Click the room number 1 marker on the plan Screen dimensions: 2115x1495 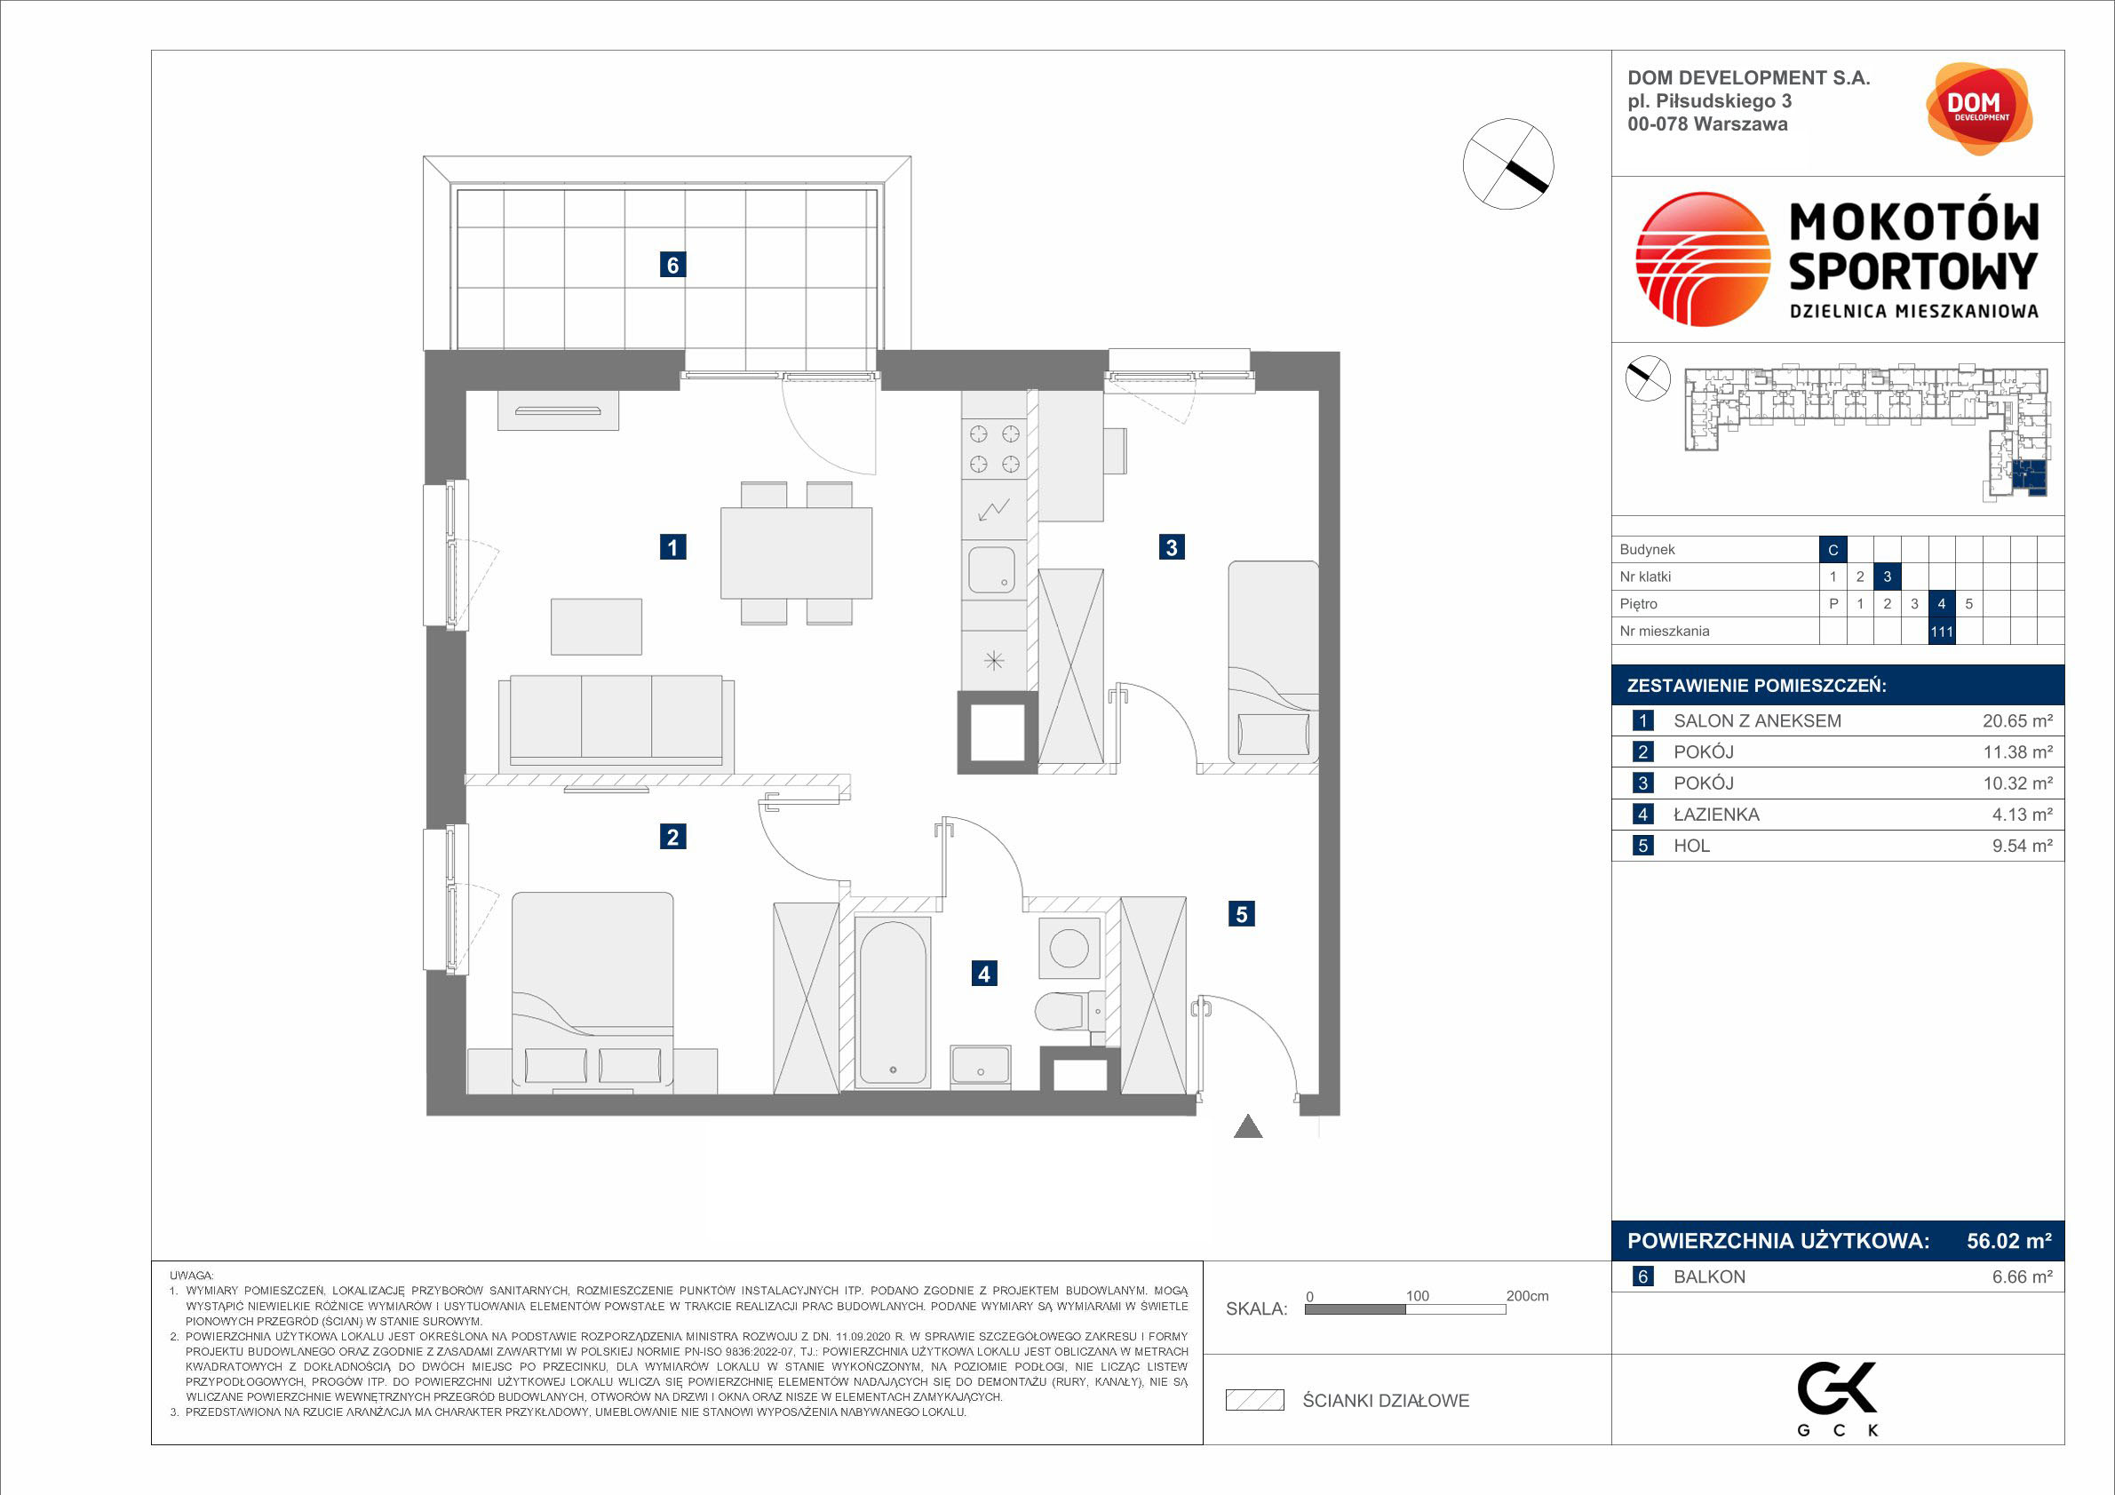point(672,547)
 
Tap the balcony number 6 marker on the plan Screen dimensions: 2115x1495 point(672,266)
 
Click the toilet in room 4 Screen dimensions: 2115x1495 point(1069,1013)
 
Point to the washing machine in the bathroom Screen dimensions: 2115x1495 point(1069,948)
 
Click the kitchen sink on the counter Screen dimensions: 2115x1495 point(992,569)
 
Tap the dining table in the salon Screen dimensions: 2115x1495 point(796,553)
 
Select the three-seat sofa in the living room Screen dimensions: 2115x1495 point(616,724)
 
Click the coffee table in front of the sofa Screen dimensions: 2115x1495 point(596,626)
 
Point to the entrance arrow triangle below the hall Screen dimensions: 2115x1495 point(1248,1126)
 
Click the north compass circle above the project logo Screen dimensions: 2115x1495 point(1509,164)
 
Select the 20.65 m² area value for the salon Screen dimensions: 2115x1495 point(2017,721)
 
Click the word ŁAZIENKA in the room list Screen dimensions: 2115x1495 point(1716,815)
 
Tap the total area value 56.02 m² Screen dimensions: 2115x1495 point(2009,1241)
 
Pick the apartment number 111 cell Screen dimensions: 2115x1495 point(1942,632)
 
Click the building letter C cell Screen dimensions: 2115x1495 point(1833,550)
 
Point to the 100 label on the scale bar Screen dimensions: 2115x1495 point(1417,1296)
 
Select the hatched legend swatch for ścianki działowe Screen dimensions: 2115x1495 point(1254,1400)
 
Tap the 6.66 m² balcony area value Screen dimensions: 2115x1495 point(2022,1276)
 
